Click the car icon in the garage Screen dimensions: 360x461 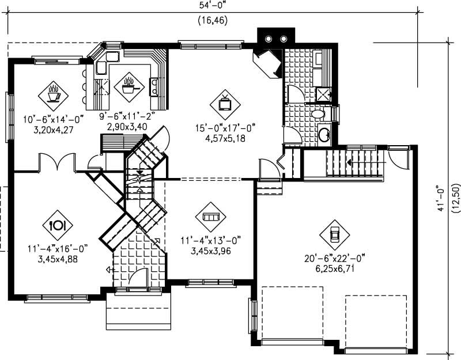click(x=334, y=234)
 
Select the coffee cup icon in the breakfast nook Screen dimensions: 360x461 click(x=53, y=93)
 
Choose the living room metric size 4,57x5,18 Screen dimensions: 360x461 click(x=225, y=138)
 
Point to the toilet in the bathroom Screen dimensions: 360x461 click(x=318, y=115)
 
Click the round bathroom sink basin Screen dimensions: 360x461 click(x=324, y=135)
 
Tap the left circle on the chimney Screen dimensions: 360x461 click(x=269, y=39)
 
